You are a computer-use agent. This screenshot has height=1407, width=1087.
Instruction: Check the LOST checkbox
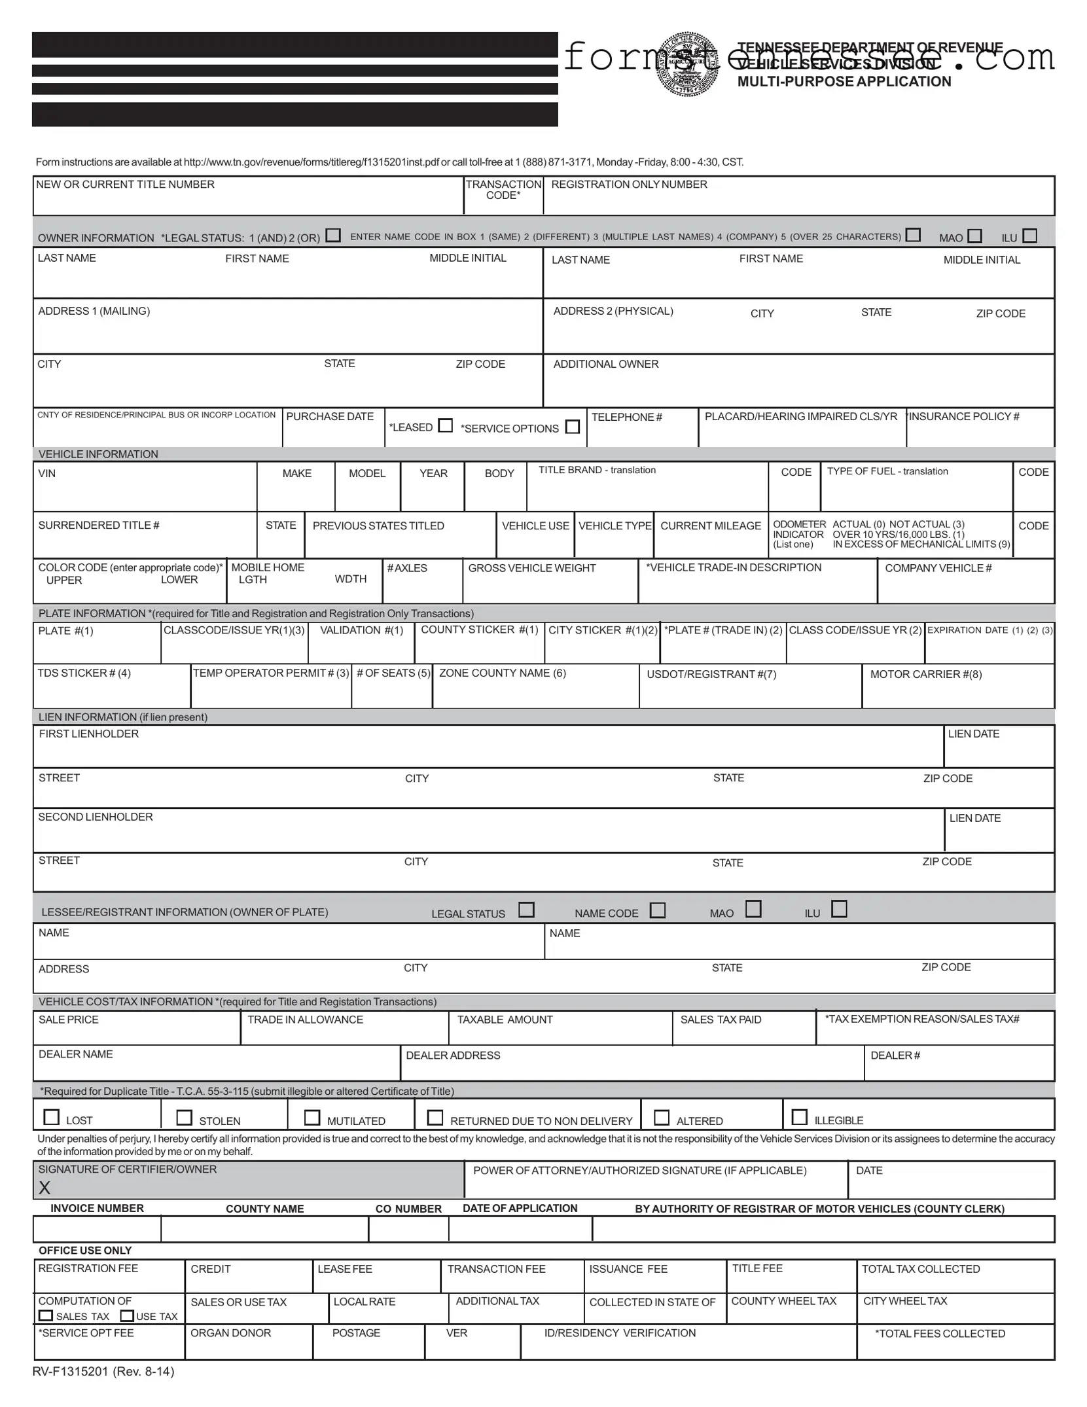[52, 1117]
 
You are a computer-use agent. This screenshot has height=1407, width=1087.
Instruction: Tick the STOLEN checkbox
[185, 1117]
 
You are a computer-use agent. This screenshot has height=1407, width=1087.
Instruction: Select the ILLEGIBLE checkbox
[799, 1117]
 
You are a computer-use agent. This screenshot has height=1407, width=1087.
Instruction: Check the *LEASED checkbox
[446, 426]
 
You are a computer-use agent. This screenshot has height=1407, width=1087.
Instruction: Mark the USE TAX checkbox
[128, 1315]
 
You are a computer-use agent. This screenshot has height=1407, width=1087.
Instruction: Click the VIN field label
[47, 473]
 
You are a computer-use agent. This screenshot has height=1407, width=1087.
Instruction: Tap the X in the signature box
[45, 1188]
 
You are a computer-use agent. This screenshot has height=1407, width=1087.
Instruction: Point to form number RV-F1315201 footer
[103, 1372]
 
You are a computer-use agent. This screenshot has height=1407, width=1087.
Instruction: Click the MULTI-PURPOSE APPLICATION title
[844, 82]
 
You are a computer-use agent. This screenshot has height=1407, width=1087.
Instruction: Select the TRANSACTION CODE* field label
[503, 190]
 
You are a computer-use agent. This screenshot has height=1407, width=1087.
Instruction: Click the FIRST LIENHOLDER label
[89, 734]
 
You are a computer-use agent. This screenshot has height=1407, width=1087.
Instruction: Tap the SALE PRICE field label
[69, 1020]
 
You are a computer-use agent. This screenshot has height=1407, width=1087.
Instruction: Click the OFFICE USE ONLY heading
[85, 1251]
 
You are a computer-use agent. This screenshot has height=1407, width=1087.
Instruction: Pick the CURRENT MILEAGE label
[711, 525]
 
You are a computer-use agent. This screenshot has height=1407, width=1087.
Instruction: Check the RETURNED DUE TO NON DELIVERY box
[435, 1117]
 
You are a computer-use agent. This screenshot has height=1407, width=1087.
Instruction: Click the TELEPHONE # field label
[626, 417]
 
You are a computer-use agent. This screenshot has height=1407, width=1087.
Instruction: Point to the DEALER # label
[895, 1055]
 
